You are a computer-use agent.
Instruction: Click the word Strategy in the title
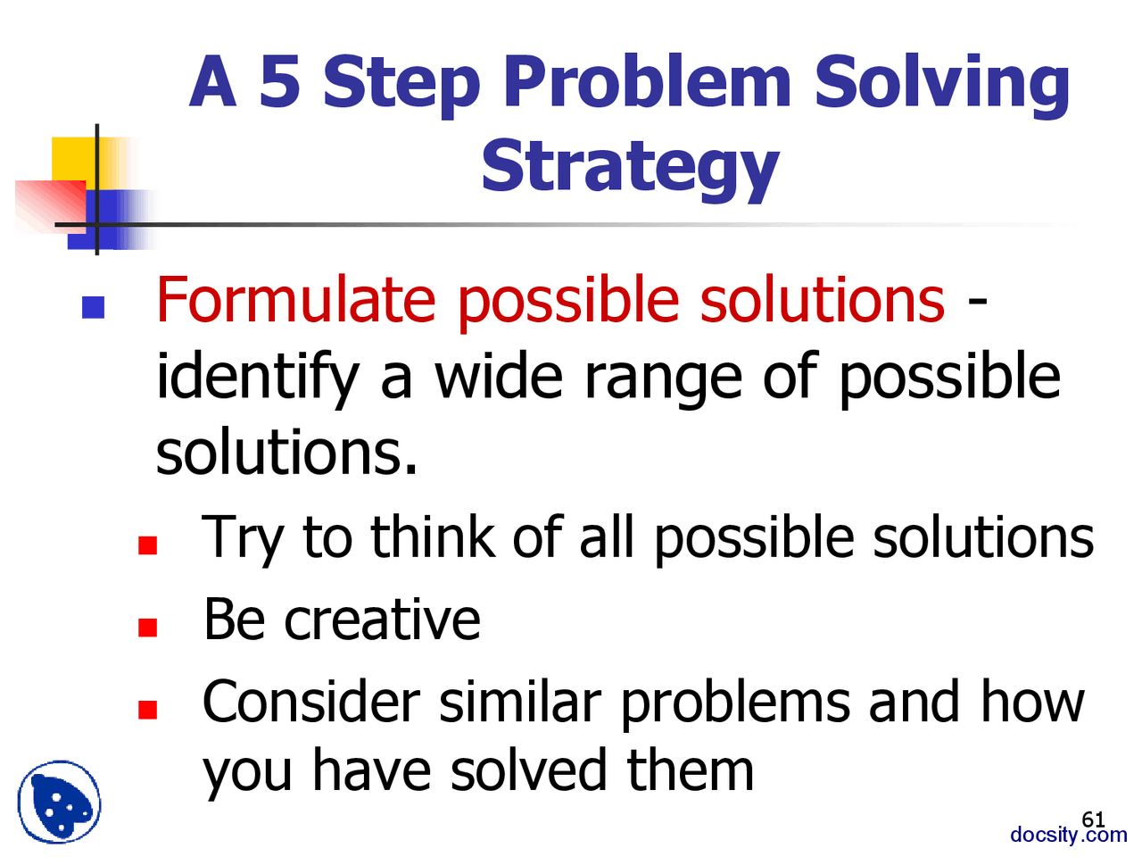coord(630,167)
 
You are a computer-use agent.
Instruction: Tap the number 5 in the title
coord(279,81)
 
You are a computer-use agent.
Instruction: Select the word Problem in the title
coord(647,81)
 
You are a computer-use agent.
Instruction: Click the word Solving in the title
coord(941,83)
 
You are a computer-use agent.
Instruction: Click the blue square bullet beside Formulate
coord(93,308)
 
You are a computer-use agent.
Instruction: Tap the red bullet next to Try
coord(148,545)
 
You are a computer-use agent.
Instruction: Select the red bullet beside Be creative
coord(148,628)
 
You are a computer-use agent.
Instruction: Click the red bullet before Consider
coord(148,711)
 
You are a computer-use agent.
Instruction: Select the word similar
coord(520,703)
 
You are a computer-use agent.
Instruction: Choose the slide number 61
coord(1093,819)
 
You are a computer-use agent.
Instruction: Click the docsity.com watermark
coord(1068,835)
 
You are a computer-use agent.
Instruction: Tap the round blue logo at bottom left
coord(59,802)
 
